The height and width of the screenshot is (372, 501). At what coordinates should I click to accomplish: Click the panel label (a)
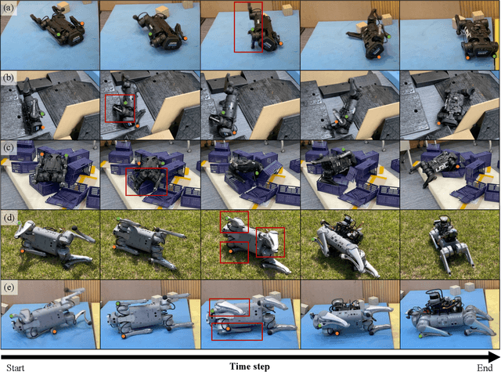(x=9, y=8)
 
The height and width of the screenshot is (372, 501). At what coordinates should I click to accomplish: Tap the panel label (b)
(x=9, y=78)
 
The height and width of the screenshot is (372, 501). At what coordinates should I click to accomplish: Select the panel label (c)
(x=9, y=147)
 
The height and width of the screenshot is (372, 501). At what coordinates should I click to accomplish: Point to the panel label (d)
(x=9, y=218)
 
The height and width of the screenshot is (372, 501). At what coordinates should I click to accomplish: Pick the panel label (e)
(x=9, y=287)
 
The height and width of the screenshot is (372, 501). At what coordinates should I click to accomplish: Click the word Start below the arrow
(x=16, y=367)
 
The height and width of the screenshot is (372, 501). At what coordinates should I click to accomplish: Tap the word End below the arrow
(x=485, y=367)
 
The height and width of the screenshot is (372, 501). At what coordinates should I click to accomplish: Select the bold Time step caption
(x=250, y=367)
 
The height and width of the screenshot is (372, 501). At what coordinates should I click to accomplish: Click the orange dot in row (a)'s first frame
(x=81, y=23)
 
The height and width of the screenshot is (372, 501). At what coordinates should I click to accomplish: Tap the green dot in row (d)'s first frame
(x=20, y=222)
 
